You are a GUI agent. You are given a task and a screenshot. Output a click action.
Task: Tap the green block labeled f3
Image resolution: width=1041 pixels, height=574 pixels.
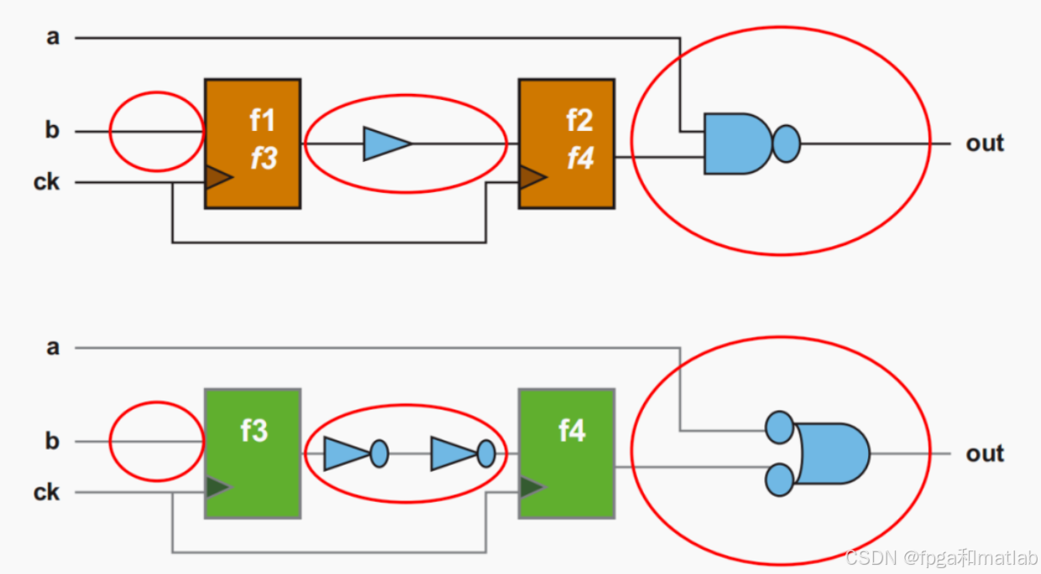click(x=253, y=453)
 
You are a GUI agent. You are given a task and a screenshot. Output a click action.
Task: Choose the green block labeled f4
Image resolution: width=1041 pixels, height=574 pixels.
click(x=567, y=453)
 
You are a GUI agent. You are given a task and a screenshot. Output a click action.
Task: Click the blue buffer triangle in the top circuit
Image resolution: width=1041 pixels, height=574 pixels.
click(x=385, y=143)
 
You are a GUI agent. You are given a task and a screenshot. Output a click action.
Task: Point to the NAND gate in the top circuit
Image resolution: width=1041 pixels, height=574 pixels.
click(x=737, y=143)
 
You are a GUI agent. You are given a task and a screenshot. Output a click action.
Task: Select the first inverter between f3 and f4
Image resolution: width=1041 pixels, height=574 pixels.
click(x=347, y=453)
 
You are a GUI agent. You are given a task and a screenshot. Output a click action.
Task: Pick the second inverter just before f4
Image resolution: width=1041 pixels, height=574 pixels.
click(x=453, y=454)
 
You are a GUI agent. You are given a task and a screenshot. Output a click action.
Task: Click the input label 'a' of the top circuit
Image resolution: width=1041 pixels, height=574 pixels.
click(x=53, y=38)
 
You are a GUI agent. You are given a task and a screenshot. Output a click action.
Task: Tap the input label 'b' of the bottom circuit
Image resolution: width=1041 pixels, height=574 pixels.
click(x=52, y=441)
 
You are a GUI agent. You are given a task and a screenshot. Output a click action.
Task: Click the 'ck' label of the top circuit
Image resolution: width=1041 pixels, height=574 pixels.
click(x=47, y=181)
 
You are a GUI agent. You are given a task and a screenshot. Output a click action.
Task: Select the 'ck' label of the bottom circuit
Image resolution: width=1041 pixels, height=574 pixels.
click(x=47, y=492)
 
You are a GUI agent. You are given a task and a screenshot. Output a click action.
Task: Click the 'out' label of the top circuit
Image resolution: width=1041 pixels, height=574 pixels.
click(x=985, y=143)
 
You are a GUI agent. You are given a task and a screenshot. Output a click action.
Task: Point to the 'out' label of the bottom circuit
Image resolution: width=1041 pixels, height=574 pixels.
click(x=985, y=454)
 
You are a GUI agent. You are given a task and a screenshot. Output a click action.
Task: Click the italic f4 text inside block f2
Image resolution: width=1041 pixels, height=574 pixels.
click(x=580, y=158)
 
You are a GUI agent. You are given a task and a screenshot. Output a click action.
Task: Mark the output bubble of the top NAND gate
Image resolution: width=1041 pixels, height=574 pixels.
click(x=786, y=143)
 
